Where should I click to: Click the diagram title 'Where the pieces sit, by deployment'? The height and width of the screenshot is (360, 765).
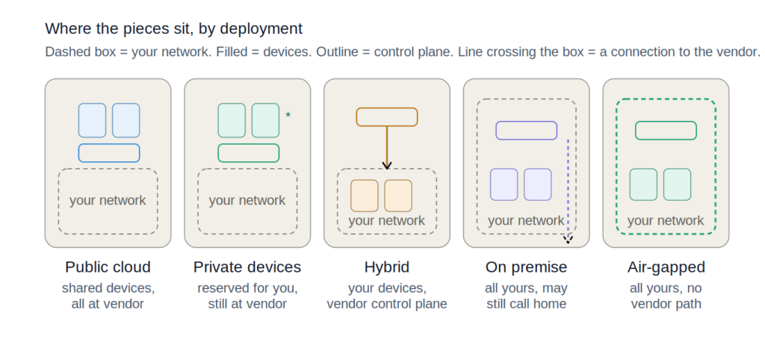[173, 29]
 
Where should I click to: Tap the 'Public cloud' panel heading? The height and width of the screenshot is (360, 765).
[108, 267]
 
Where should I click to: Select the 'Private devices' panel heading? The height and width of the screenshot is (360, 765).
[247, 267]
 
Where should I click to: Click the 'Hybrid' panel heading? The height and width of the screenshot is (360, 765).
[387, 267]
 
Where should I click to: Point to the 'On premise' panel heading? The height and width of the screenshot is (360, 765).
[527, 267]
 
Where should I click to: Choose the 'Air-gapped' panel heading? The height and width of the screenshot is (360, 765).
[666, 267]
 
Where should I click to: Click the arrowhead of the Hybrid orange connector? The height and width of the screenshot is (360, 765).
[387, 165]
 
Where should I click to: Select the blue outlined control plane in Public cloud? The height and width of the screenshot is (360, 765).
[109, 144]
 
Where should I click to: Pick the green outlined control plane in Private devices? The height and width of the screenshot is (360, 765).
[248, 144]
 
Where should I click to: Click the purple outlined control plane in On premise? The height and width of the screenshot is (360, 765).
[527, 122]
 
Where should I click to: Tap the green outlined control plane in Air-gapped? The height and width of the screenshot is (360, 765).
[666, 122]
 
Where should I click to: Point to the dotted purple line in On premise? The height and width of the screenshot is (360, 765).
[568, 190]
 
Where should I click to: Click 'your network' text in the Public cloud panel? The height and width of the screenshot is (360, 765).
[108, 200]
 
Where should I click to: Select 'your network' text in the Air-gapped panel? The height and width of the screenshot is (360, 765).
[666, 220]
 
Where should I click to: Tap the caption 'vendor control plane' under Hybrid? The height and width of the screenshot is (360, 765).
[387, 304]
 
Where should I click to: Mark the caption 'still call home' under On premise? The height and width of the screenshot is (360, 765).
[527, 304]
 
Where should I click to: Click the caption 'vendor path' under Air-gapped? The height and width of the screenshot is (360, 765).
[666, 304]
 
